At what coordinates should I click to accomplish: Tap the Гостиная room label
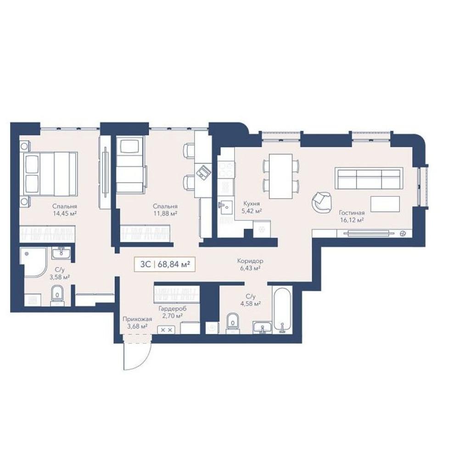coord(352,213)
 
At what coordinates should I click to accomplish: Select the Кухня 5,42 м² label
coord(252,207)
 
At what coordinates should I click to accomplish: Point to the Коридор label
coord(250,261)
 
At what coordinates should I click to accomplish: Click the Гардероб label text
coord(172,308)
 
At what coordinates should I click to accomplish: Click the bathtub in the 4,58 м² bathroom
coord(282,310)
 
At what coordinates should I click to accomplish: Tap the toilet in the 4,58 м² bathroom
coord(233,324)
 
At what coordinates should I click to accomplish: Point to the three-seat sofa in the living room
coord(369,178)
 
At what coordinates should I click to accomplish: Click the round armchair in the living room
coord(322,202)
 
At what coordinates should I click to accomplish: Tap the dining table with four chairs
coord(281,176)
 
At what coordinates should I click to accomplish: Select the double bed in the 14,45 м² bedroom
coord(49,174)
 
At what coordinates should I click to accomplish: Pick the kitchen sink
coord(225,207)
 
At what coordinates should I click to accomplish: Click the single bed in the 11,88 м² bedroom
coord(130,166)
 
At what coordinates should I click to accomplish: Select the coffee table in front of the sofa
coord(385,204)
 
